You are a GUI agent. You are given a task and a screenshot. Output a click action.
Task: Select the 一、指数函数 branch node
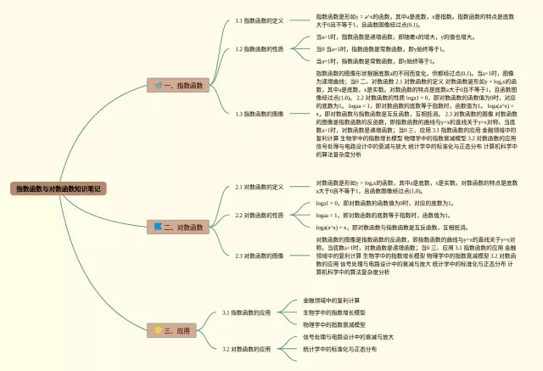click(181, 86)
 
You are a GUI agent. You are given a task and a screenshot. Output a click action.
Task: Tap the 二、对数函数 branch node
click(181, 227)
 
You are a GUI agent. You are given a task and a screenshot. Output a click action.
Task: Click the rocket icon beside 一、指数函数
click(158, 86)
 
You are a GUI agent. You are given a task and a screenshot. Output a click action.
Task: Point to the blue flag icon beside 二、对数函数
click(158, 227)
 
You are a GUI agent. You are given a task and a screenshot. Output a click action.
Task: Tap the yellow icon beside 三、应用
click(158, 329)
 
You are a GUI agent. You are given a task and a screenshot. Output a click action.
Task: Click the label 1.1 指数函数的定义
click(259, 20)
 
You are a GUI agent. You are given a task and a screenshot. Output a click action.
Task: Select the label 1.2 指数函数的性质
click(259, 49)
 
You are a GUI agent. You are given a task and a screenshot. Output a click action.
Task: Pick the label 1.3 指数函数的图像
click(259, 114)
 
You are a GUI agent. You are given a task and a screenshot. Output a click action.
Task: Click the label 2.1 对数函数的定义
click(259, 186)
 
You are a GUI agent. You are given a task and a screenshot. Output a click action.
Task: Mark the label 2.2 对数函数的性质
click(259, 216)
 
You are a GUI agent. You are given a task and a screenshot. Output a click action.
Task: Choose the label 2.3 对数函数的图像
click(259, 256)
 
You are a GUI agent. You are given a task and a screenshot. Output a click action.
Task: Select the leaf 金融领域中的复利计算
click(332, 301)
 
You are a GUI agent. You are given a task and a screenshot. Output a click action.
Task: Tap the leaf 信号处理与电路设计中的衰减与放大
click(349, 337)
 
